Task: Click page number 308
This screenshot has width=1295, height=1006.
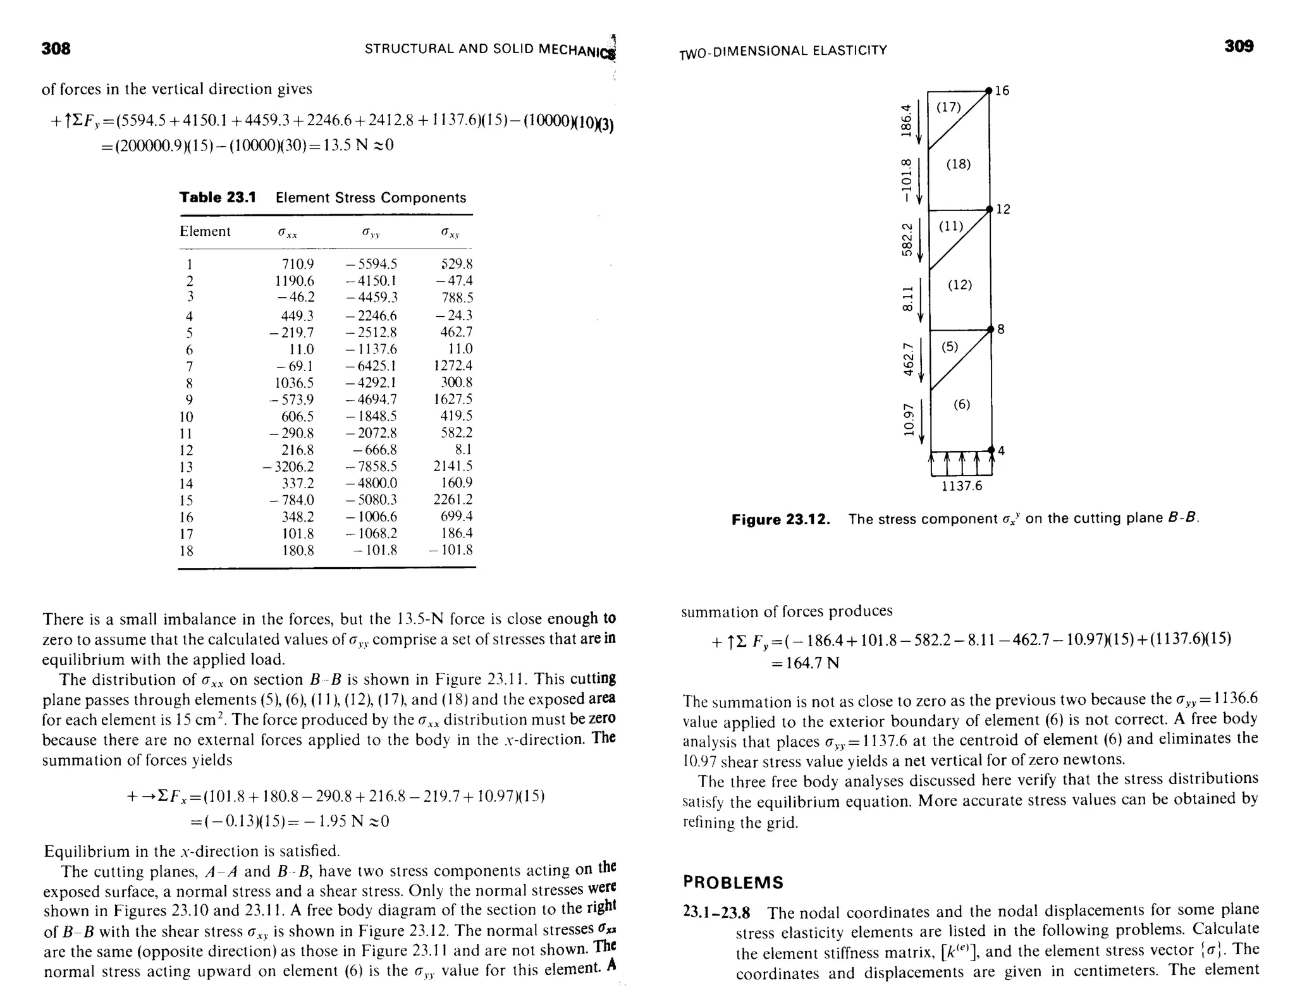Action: click(56, 49)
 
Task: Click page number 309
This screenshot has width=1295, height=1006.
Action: click(1239, 46)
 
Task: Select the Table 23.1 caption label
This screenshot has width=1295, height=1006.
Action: click(218, 197)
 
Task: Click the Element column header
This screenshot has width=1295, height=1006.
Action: click(205, 231)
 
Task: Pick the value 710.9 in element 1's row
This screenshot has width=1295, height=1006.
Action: click(297, 264)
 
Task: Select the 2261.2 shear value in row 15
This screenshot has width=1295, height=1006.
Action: click(453, 500)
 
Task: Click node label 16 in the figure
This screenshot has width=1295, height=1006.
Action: click(1003, 91)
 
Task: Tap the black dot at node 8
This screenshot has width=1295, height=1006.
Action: click(991, 329)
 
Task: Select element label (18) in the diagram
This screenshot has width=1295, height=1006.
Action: click(959, 164)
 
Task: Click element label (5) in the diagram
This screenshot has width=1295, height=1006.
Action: click(950, 347)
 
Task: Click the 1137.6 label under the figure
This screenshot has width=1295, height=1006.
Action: click(962, 486)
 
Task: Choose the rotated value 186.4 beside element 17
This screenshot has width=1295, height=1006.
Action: click(907, 120)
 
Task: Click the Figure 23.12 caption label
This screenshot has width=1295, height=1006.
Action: click(780, 520)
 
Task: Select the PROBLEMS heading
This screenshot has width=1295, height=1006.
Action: click(733, 882)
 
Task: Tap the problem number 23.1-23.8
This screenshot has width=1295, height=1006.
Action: click(716, 912)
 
